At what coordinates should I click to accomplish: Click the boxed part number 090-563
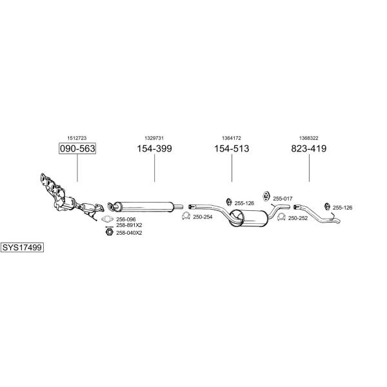(77, 148)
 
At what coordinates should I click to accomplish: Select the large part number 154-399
(155, 148)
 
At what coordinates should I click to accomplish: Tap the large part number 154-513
(232, 148)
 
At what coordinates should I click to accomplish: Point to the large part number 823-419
(309, 148)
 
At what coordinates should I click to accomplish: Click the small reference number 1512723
(77, 138)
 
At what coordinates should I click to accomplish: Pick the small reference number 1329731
(154, 138)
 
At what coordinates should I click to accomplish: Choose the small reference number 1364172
(232, 138)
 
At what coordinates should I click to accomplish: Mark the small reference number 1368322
(309, 138)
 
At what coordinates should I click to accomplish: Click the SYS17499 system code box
(22, 247)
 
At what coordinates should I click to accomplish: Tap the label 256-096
(126, 219)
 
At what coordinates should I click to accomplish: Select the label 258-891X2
(129, 225)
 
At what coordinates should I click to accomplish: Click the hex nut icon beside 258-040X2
(109, 232)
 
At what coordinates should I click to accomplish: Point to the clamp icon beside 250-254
(186, 216)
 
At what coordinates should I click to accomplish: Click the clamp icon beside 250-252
(281, 217)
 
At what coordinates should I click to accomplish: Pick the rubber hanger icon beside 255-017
(266, 196)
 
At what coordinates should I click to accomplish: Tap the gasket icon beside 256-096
(107, 219)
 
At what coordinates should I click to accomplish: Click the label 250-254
(203, 217)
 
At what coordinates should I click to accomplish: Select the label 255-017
(283, 199)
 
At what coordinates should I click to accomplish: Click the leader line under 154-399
(155, 168)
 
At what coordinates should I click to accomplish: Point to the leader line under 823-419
(309, 168)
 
